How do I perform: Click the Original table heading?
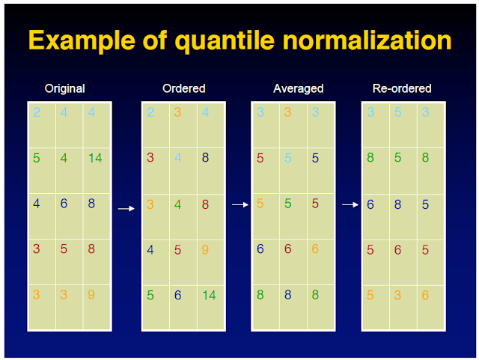point(65,88)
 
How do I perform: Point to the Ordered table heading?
point(183,88)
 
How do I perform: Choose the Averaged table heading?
point(298,88)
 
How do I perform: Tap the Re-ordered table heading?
point(402,88)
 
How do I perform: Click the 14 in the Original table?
point(95,158)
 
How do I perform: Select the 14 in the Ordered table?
point(208,295)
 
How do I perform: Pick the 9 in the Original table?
point(91,295)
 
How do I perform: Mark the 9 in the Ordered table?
point(205,249)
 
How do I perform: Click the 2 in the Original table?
point(37,112)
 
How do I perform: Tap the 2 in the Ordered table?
point(150,112)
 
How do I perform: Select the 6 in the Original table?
point(64,204)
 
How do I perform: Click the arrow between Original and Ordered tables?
point(126,209)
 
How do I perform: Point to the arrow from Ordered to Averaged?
point(239,204)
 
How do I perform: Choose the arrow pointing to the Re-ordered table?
point(350,204)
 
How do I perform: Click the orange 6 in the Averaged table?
point(315,248)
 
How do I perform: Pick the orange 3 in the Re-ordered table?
point(397,295)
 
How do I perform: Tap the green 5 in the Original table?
point(37,158)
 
